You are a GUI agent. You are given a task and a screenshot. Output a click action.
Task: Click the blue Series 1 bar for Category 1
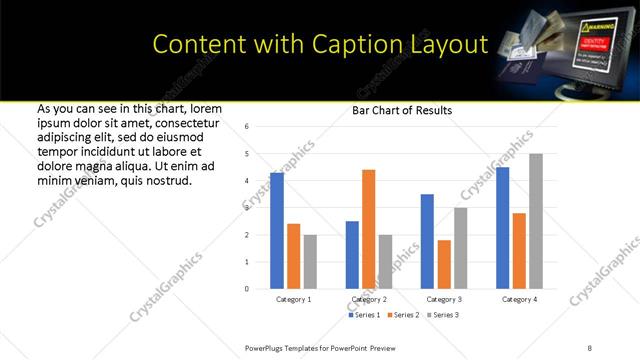coord(277,230)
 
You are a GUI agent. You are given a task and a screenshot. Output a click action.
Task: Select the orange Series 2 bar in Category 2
coord(368,229)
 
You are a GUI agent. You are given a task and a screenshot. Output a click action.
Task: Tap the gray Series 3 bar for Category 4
coord(535,221)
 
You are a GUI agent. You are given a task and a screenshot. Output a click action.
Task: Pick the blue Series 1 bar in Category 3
coord(427,241)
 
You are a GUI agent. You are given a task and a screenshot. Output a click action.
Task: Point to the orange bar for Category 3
coord(444,264)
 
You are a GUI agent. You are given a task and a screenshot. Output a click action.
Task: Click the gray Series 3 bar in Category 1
coord(310,262)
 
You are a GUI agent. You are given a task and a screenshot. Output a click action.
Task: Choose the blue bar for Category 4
coord(502,228)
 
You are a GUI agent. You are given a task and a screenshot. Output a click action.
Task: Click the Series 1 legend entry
coord(364,315)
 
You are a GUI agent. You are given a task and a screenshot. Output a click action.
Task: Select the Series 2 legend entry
coord(403,315)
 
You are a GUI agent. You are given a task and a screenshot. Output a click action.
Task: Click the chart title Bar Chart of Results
coord(402,110)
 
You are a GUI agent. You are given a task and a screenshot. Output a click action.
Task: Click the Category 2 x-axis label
coord(369,299)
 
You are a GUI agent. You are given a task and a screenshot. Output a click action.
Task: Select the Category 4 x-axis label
coord(519,299)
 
